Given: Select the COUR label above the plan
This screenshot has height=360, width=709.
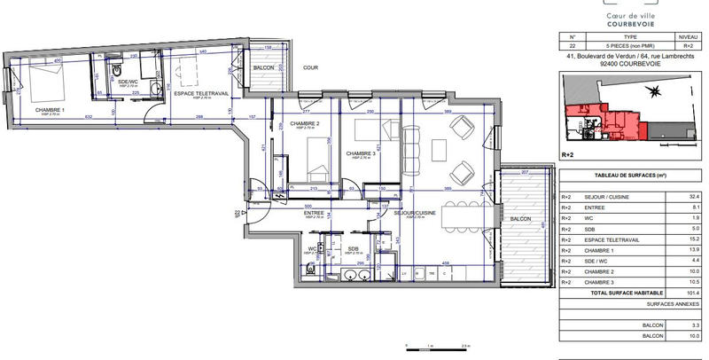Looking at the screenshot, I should pos(309,67).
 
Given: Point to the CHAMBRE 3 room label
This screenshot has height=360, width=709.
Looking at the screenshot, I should pos(362,153).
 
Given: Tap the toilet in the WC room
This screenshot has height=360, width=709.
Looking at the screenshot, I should pos(310,268).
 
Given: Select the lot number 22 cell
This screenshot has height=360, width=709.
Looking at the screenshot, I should pos(573,46).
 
